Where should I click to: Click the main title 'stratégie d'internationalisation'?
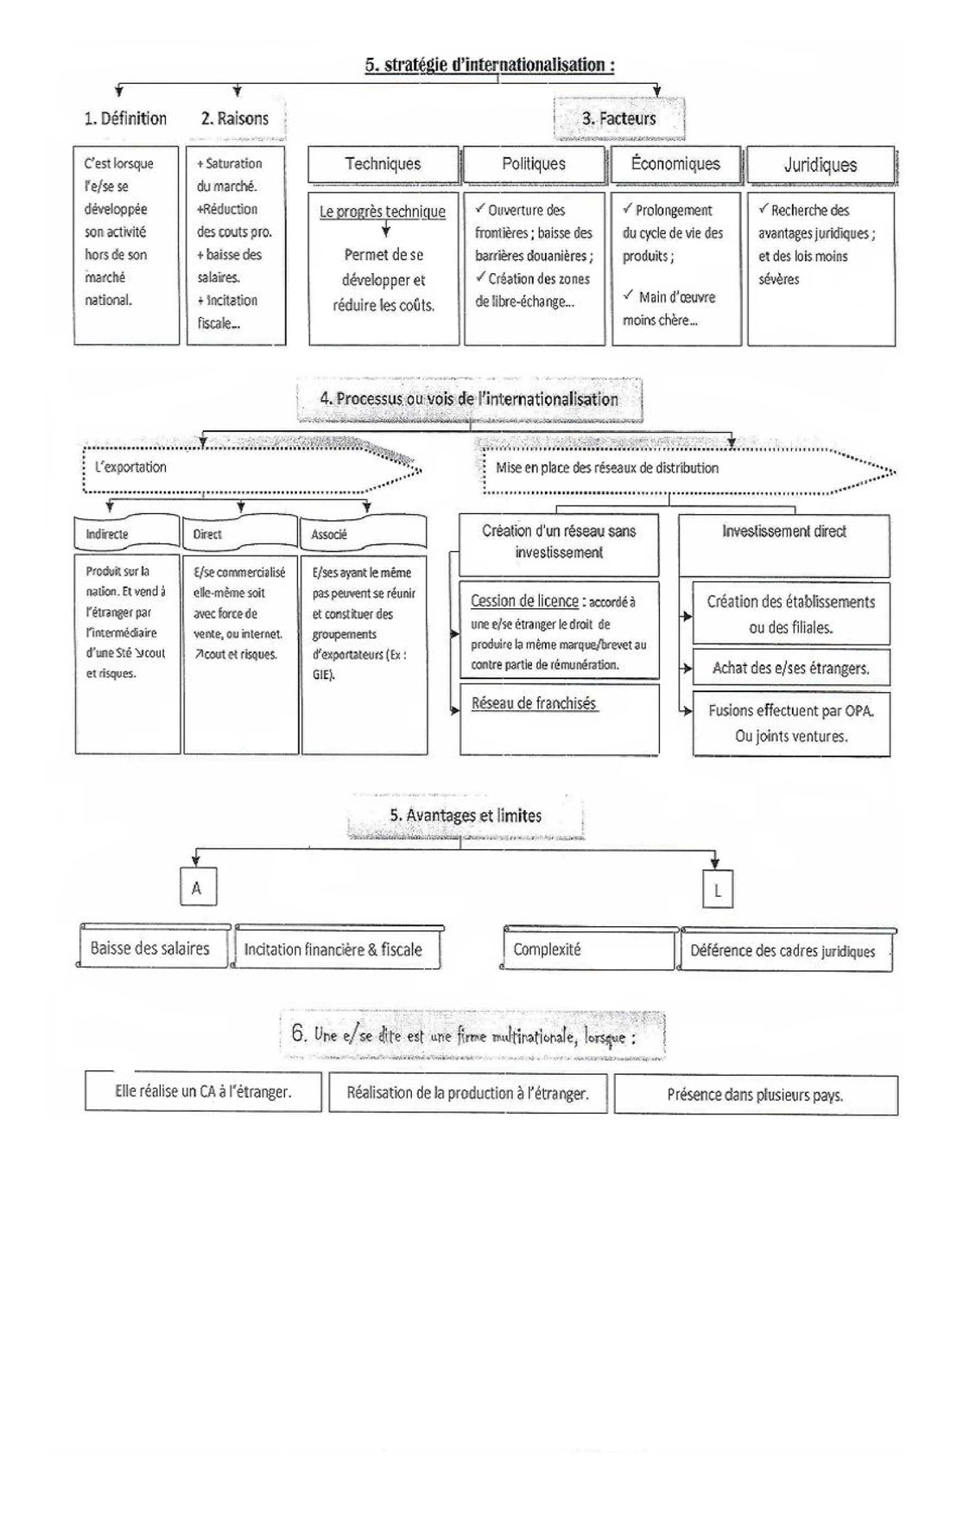[x=490, y=65]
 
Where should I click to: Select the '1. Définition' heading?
[x=125, y=118]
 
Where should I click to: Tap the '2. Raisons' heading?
[x=235, y=118]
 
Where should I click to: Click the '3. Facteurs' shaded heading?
[x=619, y=119]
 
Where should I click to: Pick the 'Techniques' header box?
[x=383, y=164]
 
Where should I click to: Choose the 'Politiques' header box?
[x=534, y=164]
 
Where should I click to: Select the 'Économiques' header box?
[x=675, y=164]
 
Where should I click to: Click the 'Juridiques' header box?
[x=820, y=165]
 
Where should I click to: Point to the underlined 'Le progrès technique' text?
[x=383, y=212]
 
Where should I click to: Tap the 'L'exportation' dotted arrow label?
[x=131, y=467]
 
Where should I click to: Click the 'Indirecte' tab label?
[x=107, y=534]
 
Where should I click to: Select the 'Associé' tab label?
[x=329, y=535]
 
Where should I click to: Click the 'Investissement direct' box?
[x=784, y=532]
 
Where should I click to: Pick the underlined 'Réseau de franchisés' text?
[x=534, y=704]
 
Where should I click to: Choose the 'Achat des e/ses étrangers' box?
[x=791, y=668]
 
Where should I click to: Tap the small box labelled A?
[x=197, y=888]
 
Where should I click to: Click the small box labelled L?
[x=717, y=890]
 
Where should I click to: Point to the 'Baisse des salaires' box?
[x=150, y=949]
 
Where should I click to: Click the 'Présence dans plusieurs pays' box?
[x=756, y=1095]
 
